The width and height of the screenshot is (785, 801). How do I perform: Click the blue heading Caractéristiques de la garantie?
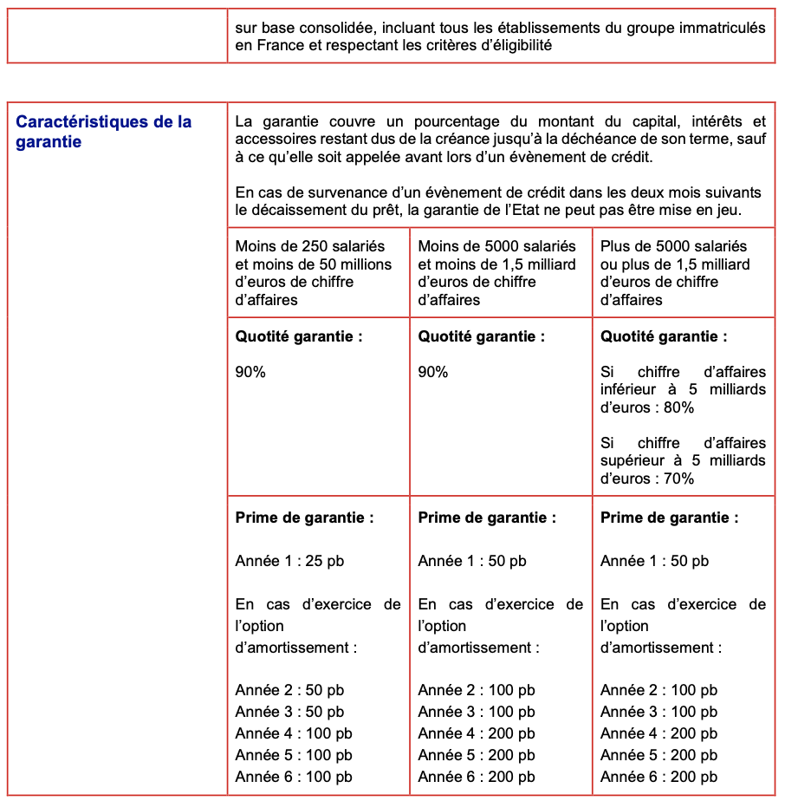[104, 132]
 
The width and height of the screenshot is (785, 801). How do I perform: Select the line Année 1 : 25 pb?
[289, 561]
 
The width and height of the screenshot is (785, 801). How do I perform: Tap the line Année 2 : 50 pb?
[289, 690]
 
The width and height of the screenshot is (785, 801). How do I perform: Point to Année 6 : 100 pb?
[294, 777]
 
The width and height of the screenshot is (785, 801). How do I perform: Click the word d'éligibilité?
[508, 45]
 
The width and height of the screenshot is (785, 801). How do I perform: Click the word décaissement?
[293, 210]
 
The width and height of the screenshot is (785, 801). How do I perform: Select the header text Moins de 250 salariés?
[310, 246]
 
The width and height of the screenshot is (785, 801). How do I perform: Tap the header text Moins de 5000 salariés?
[496, 246]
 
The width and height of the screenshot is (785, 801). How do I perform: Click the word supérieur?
[634, 460]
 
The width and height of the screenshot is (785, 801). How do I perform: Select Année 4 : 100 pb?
[294, 733]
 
